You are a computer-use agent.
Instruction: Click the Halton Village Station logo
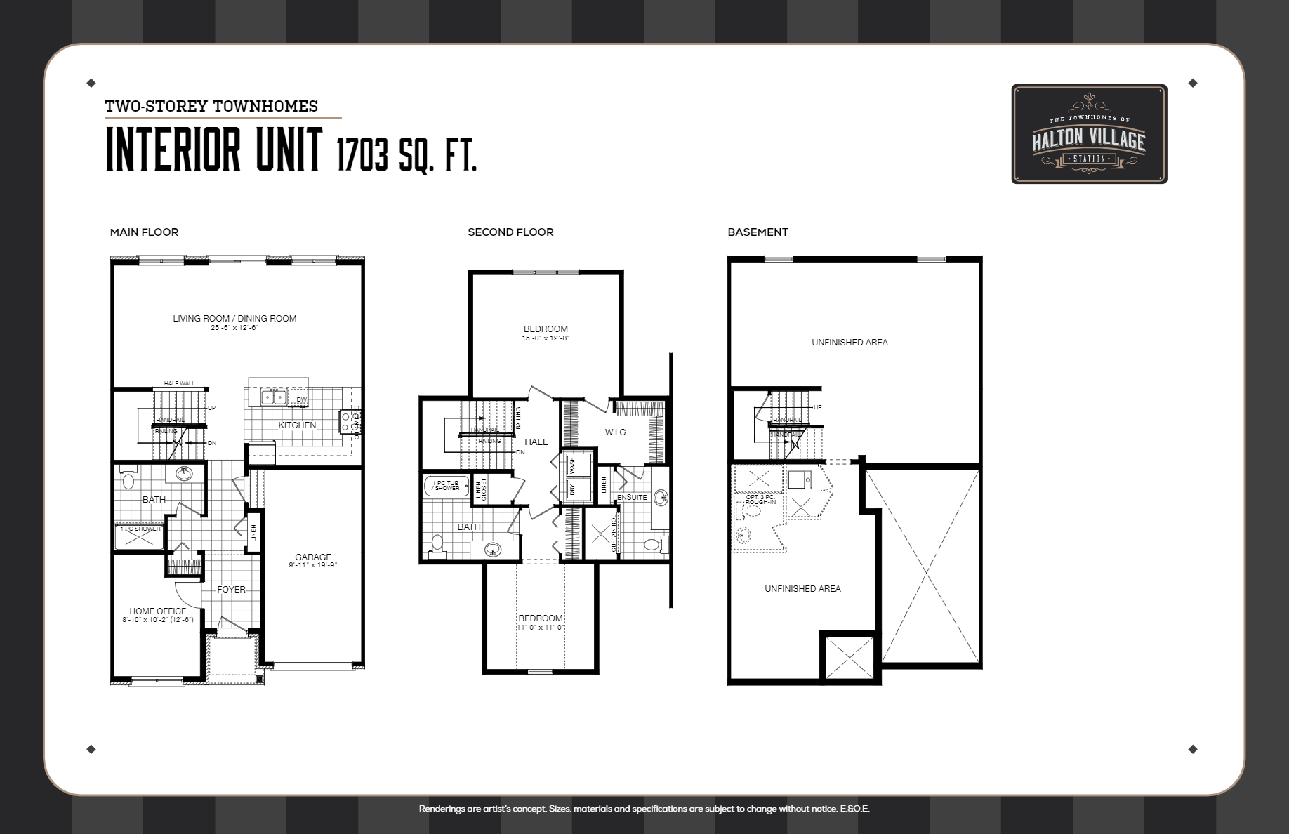coord(1089,134)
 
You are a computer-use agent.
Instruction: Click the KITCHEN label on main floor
coord(297,425)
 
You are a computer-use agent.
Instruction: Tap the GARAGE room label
coord(313,557)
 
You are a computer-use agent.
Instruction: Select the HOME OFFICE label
coord(158,611)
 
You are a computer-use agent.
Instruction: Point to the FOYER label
coord(231,589)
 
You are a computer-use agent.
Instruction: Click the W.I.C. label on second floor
coord(616,432)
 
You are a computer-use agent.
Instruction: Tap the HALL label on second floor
coord(536,442)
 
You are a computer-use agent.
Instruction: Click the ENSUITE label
coord(632,497)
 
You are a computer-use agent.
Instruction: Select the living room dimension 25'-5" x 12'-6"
coord(234,328)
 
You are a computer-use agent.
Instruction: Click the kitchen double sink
coord(273,397)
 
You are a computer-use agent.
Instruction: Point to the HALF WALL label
coord(180,383)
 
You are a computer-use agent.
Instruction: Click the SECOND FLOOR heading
coord(510,232)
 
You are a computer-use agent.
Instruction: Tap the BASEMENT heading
coord(758,232)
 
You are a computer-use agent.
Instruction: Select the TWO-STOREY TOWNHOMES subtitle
coord(211,106)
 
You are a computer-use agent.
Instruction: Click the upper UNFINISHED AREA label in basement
coord(850,342)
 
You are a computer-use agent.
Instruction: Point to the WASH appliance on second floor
coord(573,465)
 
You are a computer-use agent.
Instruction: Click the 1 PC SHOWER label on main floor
coord(140,529)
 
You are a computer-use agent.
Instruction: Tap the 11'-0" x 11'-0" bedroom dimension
coord(541,627)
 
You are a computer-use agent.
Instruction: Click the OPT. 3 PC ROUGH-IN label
coord(760,500)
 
